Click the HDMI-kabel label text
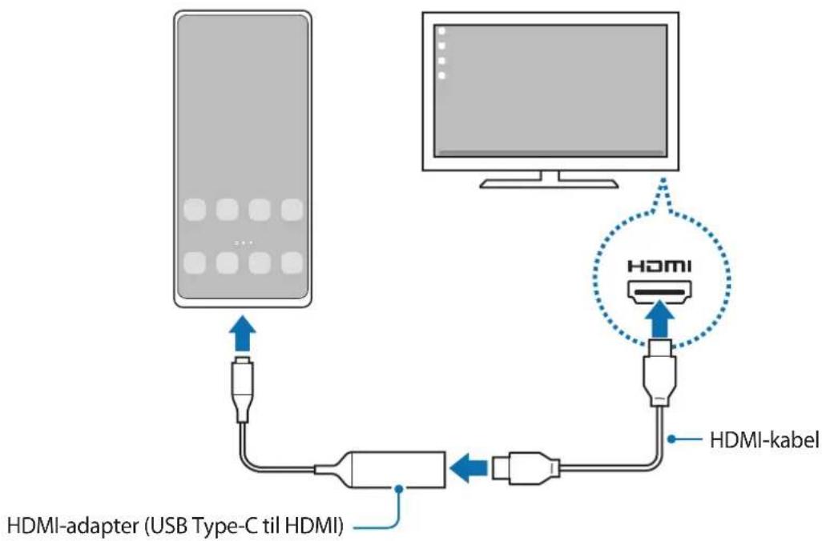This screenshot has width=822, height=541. (764, 440)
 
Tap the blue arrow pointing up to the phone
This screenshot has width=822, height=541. (242, 333)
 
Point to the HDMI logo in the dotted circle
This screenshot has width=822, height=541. (659, 266)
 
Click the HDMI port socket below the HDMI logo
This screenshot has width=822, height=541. (659, 291)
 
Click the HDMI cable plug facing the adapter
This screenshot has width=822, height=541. (526, 467)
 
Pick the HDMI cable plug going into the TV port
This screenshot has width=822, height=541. (659, 372)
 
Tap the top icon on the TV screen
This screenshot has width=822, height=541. (442, 31)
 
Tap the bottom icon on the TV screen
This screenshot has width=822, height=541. (442, 75)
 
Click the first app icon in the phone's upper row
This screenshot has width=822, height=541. (195, 210)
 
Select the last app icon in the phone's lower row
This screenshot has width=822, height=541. (292, 263)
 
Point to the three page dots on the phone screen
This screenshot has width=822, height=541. (244, 243)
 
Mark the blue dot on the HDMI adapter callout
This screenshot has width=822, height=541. (400, 489)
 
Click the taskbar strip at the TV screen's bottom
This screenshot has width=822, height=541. (550, 153)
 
